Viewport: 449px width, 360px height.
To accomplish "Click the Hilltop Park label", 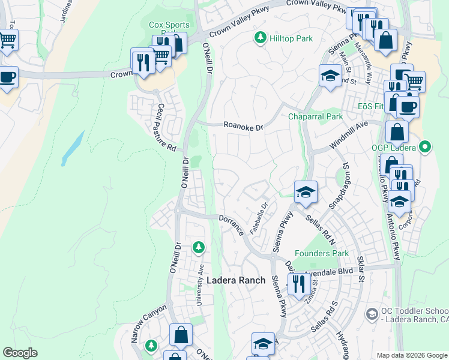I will [x=291, y=38].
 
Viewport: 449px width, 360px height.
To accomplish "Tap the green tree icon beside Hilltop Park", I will [x=261, y=38].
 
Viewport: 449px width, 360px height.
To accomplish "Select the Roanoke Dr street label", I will [x=243, y=127].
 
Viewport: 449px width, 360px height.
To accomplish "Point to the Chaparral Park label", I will [x=315, y=116].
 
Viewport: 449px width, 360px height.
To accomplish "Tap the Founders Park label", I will [x=322, y=253].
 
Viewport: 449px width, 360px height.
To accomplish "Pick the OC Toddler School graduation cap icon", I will [x=372, y=314].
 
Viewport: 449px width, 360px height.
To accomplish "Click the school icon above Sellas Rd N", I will [x=306, y=192].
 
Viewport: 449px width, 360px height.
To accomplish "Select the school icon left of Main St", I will [x=330, y=76].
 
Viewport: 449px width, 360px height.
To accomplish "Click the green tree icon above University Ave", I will [x=199, y=247].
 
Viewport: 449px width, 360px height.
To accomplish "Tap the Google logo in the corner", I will [x=20, y=353].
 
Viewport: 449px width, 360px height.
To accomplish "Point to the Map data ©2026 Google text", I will [x=411, y=355].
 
